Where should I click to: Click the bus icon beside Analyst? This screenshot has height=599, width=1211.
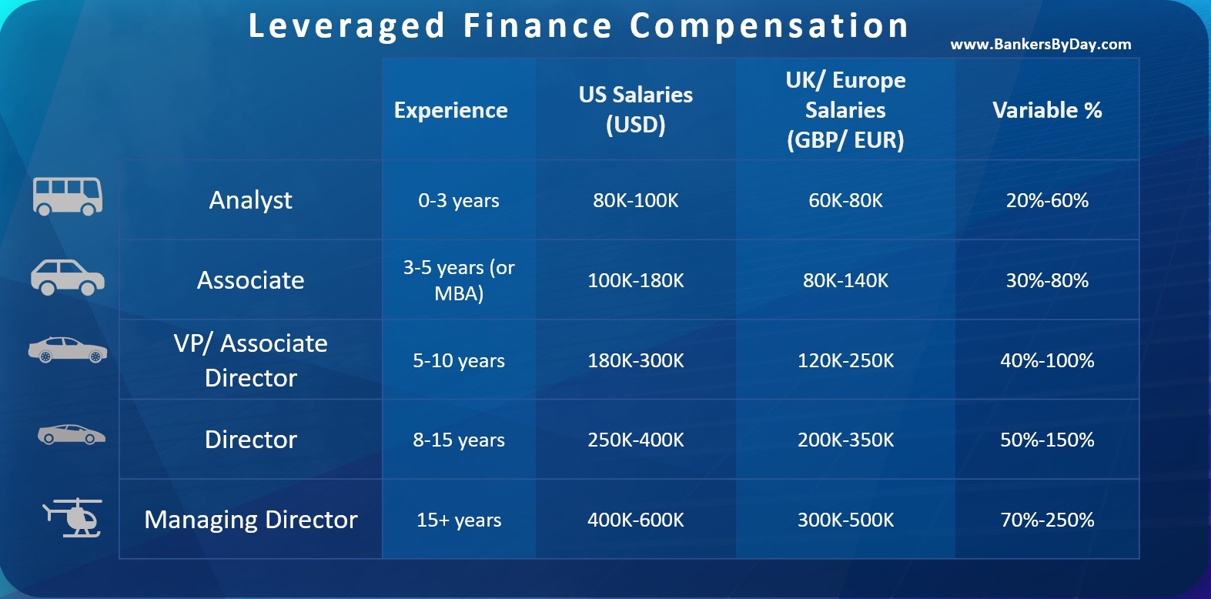(x=68, y=196)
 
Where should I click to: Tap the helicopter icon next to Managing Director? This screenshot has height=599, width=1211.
(x=72, y=517)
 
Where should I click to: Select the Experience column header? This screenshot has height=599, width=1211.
(x=451, y=110)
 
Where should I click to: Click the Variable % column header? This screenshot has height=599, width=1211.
(x=1047, y=110)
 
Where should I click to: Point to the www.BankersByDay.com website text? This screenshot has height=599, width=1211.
(x=1041, y=45)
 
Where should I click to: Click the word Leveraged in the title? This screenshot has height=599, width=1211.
(x=346, y=26)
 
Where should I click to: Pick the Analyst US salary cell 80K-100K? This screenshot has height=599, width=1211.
(x=636, y=201)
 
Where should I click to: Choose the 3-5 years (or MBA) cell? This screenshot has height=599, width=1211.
(x=459, y=280)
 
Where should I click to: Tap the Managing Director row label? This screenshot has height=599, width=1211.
(x=251, y=520)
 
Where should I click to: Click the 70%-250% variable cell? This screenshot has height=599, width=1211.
(x=1047, y=520)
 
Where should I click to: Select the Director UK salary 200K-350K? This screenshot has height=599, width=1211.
(x=845, y=440)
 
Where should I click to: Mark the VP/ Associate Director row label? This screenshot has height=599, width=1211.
(x=251, y=360)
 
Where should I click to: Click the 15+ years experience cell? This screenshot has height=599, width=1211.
(x=459, y=520)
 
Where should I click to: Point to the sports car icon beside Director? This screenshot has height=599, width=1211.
(x=72, y=434)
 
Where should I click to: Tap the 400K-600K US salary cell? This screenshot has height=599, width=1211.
(x=636, y=520)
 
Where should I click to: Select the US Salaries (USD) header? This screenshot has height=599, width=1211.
(x=636, y=110)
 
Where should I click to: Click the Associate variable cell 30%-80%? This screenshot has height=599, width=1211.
(x=1047, y=280)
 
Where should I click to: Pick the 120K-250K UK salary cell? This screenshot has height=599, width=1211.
(x=845, y=360)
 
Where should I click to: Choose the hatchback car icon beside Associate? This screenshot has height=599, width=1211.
(x=68, y=277)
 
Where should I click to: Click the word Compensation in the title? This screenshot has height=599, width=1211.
(x=769, y=26)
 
